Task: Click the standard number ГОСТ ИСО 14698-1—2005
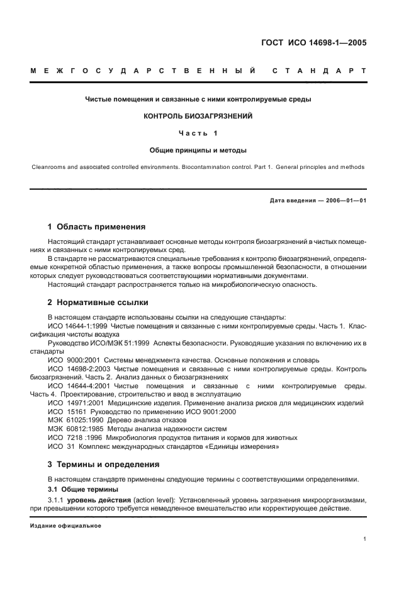(x=314, y=43)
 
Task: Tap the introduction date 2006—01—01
(x=346, y=200)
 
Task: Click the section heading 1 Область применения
(x=97, y=226)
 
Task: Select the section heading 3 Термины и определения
(x=104, y=464)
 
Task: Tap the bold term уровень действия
(x=98, y=500)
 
